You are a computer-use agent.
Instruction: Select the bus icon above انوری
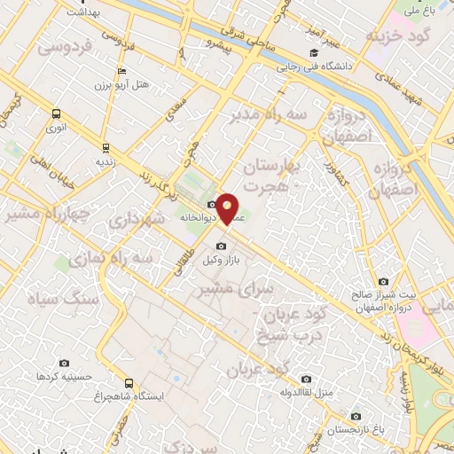coord(56,113)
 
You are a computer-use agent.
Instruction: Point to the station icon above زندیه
coord(106,148)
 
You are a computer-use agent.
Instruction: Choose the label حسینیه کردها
coord(64,377)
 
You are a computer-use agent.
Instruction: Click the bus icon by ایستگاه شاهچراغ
coord(129,383)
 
